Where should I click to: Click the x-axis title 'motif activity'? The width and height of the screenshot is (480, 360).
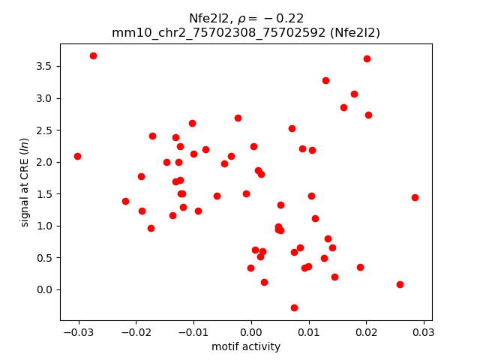(x=246, y=346)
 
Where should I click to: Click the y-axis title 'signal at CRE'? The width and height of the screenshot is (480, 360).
(x=25, y=182)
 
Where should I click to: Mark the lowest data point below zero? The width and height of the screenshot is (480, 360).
(x=294, y=307)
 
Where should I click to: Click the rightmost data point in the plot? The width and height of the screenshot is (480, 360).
(x=415, y=197)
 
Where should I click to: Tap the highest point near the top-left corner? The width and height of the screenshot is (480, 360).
(x=93, y=55)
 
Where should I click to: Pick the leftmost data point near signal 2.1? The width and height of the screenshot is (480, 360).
(x=77, y=156)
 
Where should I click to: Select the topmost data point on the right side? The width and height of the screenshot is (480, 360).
(x=367, y=58)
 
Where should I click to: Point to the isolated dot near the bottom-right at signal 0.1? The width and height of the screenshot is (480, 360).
(x=400, y=284)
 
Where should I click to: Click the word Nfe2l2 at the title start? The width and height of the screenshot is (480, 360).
(x=208, y=18)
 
